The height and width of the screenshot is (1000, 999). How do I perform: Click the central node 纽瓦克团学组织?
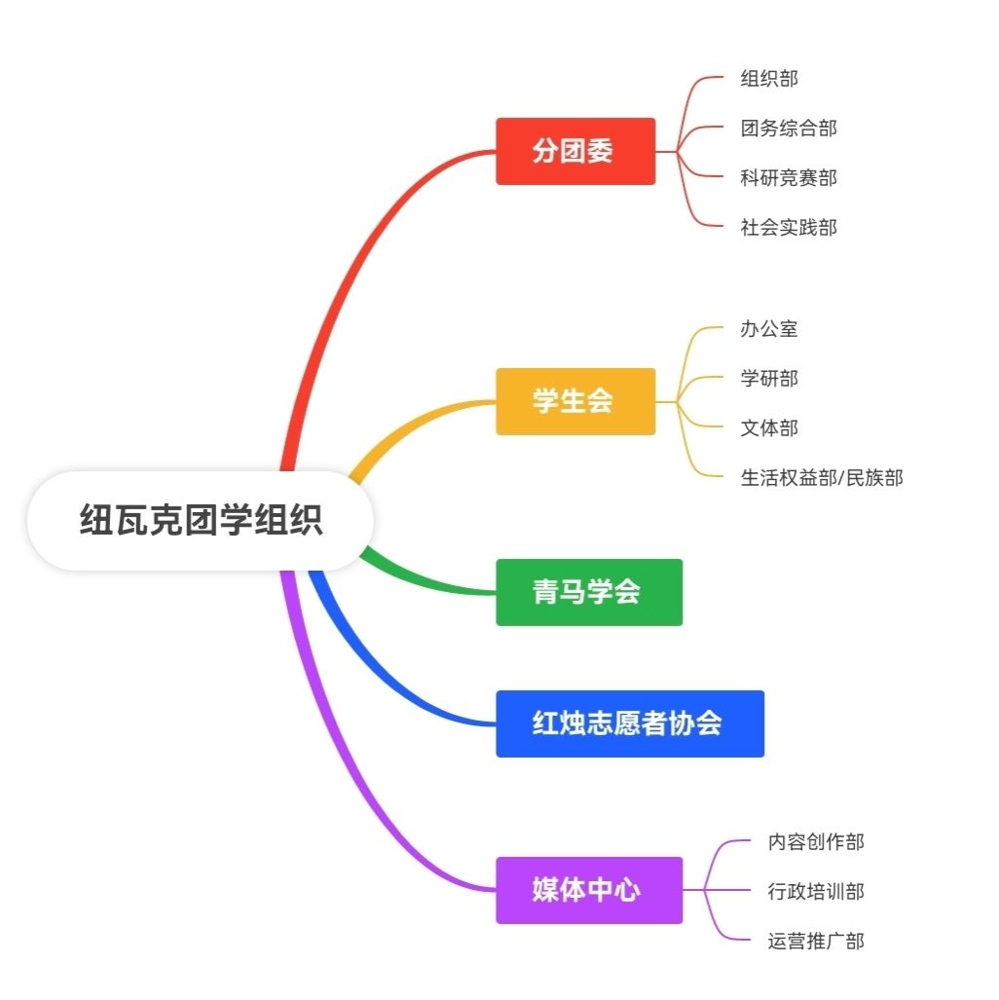pos(201,521)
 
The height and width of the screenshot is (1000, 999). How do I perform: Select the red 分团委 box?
pos(575,151)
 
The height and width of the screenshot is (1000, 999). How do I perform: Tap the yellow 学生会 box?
pos(575,401)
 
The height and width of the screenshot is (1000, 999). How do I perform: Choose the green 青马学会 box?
pos(589,592)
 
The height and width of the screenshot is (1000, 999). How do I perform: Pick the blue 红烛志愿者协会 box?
pos(630,723)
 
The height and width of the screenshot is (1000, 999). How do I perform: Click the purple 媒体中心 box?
pos(589,890)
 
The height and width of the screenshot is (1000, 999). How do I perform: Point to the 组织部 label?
pos(769,79)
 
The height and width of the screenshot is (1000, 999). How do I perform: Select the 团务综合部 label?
pos(789,129)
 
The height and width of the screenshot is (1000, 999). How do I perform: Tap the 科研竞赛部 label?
pos(789,178)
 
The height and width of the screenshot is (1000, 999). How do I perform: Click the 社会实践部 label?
pos(789,228)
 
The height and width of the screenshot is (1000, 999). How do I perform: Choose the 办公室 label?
pos(769,329)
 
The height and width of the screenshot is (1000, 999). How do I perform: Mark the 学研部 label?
pos(769,379)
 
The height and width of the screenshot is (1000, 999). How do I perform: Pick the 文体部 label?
pos(769,428)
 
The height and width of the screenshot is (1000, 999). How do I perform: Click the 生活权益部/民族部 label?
pos(822,478)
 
